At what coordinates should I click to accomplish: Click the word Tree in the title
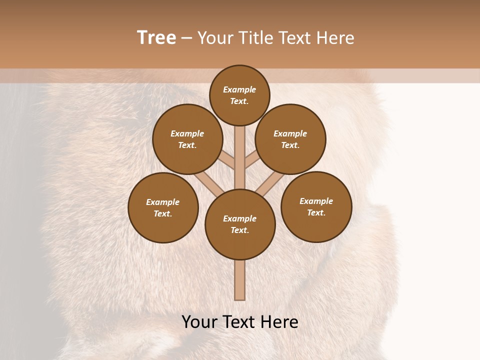pyautogui.click(x=156, y=38)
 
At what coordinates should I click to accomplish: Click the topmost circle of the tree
pyautogui.click(x=239, y=95)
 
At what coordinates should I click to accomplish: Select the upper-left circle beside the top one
pyautogui.click(x=187, y=139)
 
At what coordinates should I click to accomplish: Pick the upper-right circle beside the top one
pyautogui.click(x=290, y=139)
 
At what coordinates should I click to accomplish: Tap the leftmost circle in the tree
pyautogui.click(x=163, y=207)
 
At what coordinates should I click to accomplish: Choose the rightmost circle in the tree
pyautogui.click(x=316, y=206)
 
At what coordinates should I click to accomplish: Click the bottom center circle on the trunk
pyautogui.click(x=240, y=224)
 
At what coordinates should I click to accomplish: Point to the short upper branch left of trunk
pyautogui.click(x=227, y=160)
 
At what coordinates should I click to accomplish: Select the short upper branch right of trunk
pyautogui.click(x=252, y=160)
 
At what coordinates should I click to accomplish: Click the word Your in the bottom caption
pyautogui.click(x=199, y=322)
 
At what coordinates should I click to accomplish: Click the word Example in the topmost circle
pyautogui.click(x=239, y=89)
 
